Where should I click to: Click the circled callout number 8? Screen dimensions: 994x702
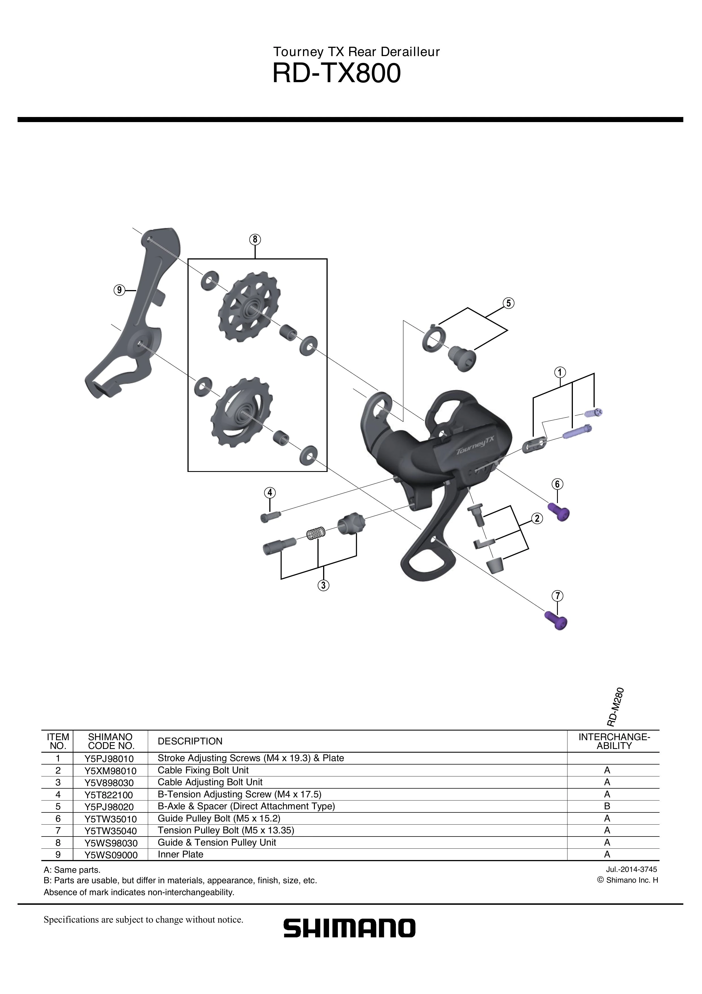(255, 239)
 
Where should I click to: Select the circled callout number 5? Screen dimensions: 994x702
(509, 303)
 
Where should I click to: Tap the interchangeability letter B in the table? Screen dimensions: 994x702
(607, 806)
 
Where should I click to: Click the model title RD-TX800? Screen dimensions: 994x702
(336, 74)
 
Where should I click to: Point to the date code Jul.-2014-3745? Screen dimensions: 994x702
(631, 869)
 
